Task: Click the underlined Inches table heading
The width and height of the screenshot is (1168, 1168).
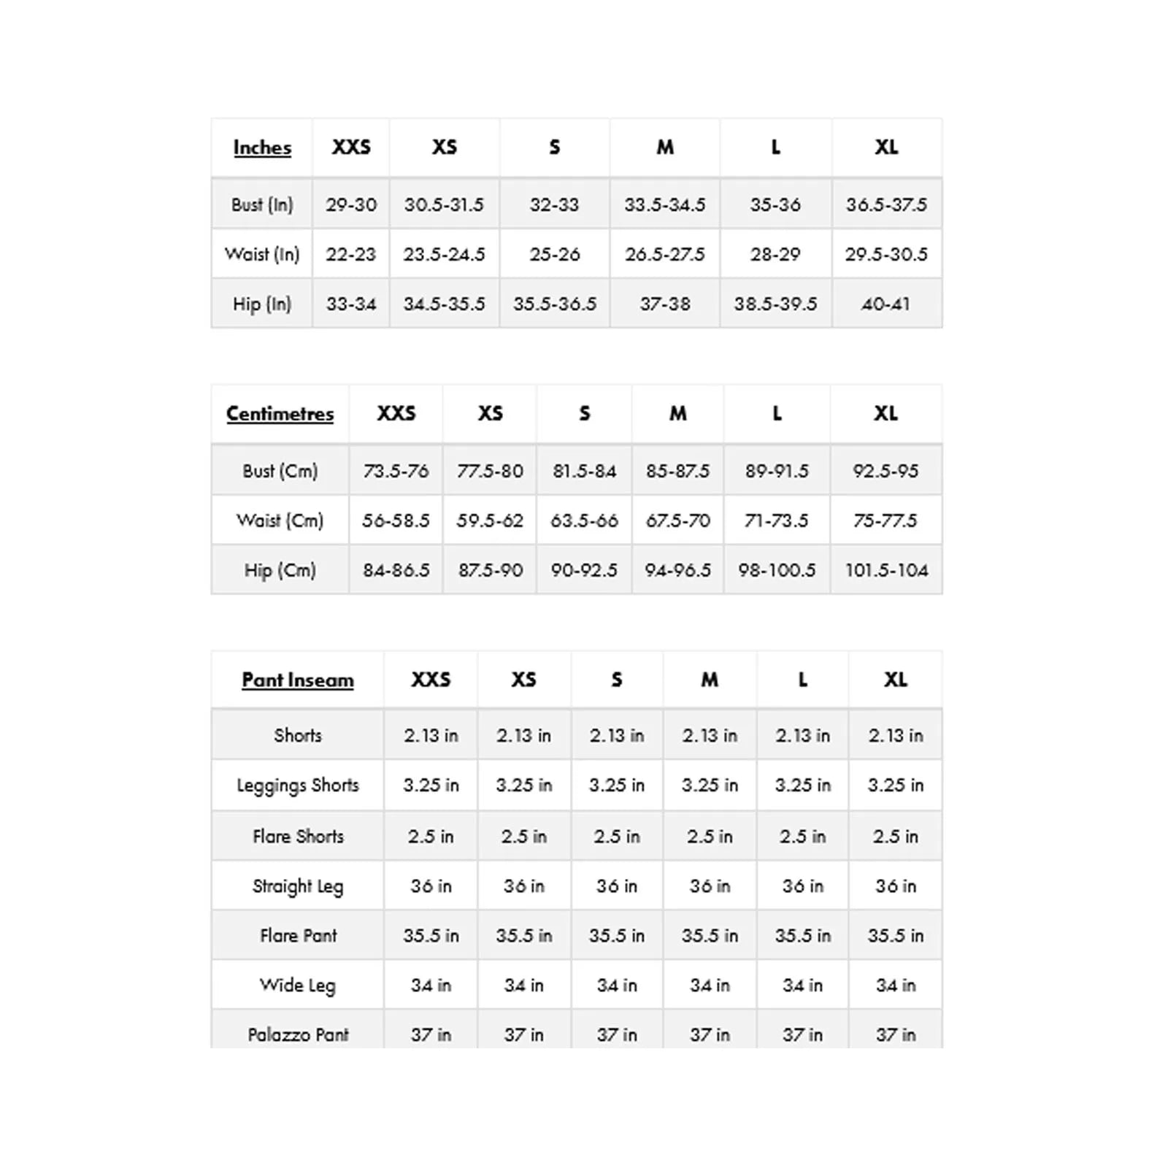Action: [262, 147]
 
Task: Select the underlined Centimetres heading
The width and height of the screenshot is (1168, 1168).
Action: [280, 414]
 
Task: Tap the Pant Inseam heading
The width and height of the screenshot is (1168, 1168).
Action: [298, 680]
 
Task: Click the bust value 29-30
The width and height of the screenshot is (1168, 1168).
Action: [351, 204]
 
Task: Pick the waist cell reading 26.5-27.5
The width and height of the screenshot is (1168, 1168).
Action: [665, 254]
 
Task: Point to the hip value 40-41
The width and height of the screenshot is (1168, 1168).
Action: [886, 304]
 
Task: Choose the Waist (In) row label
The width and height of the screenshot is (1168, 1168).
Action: [262, 254]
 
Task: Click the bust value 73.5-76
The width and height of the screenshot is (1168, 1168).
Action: [396, 471]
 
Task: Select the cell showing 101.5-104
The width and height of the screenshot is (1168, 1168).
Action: [886, 570]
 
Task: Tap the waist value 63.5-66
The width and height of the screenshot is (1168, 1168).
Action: [584, 520]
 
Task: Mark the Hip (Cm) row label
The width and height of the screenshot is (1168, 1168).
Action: [280, 570]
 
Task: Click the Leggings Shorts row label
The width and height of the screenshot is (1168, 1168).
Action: [298, 785]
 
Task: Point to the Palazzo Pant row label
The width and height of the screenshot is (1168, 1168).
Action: [298, 1034]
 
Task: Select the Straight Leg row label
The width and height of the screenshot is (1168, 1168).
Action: [298, 886]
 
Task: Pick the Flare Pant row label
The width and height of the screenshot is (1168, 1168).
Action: [298, 936]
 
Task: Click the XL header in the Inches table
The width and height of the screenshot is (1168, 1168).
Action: [886, 147]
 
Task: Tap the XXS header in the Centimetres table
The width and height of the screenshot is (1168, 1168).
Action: [396, 414]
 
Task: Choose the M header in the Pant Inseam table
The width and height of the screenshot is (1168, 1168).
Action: [710, 680]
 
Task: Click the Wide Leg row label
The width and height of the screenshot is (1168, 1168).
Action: [298, 985]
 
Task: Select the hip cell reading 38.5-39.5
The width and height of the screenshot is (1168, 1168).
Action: [775, 304]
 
